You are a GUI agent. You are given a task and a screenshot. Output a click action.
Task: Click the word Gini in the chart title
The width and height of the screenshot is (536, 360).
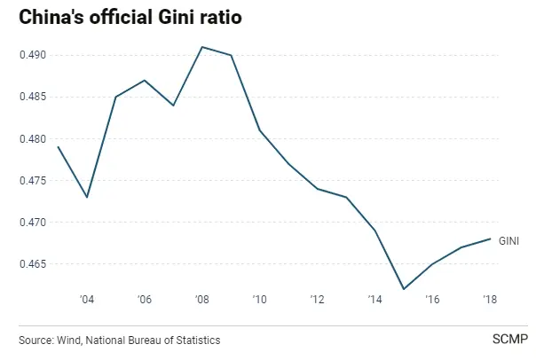pyautogui.click(x=176, y=17)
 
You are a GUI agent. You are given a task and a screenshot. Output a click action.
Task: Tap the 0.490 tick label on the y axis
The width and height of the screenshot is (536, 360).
pyautogui.click(x=33, y=55)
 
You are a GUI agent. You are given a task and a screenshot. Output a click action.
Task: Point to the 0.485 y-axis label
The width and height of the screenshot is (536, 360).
pyautogui.click(x=33, y=97)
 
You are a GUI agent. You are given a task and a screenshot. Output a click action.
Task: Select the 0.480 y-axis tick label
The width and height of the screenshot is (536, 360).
pyautogui.click(x=33, y=139)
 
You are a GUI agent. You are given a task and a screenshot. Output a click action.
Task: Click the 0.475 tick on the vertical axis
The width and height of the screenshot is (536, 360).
pyautogui.click(x=33, y=180)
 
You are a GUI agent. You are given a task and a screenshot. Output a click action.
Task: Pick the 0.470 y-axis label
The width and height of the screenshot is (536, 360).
pyautogui.click(x=33, y=223)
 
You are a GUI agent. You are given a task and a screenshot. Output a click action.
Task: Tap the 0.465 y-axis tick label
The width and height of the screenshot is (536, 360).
pyautogui.click(x=33, y=264)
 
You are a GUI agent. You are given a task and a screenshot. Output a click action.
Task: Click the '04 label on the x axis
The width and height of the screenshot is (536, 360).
pyautogui.click(x=87, y=300)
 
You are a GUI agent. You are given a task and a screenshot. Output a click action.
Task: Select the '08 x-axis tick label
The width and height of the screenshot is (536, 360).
pyautogui.click(x=202, y=300)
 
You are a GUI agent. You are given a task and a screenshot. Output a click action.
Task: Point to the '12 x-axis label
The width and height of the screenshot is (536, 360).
pyautogui.click(x=317, y=300)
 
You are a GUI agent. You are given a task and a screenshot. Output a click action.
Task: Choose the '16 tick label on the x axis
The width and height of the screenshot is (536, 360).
pyautogui.click(x=432, y=300)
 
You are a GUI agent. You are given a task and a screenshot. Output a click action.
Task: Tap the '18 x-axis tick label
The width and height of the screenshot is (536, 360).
pyautogui.click(x=490, y=300)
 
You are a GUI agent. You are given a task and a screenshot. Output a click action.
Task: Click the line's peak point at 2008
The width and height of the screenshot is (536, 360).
pyautogui.click(x=202, y=47)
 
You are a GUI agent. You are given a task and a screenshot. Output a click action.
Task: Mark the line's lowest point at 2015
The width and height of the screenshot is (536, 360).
pyautogui.click(x=404, y=289)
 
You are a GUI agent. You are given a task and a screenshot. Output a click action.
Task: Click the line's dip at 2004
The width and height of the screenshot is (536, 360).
pyautogui.click(x=87, y=197)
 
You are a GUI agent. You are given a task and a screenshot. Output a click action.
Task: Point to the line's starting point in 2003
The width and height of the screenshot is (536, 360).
pyautogui.click(x=58, y=147)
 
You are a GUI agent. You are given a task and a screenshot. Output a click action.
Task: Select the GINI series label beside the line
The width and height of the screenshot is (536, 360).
pyautogui.click(x=509, y=241)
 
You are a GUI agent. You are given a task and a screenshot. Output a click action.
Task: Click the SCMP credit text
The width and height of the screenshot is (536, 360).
pyautogui.click(x=510, y=340)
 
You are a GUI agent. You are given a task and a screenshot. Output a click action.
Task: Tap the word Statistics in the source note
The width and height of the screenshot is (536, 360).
pyautogui.click(x=198, y=340)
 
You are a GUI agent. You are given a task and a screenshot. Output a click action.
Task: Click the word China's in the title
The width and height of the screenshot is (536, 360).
pyautogui.click(x=51, y=17)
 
